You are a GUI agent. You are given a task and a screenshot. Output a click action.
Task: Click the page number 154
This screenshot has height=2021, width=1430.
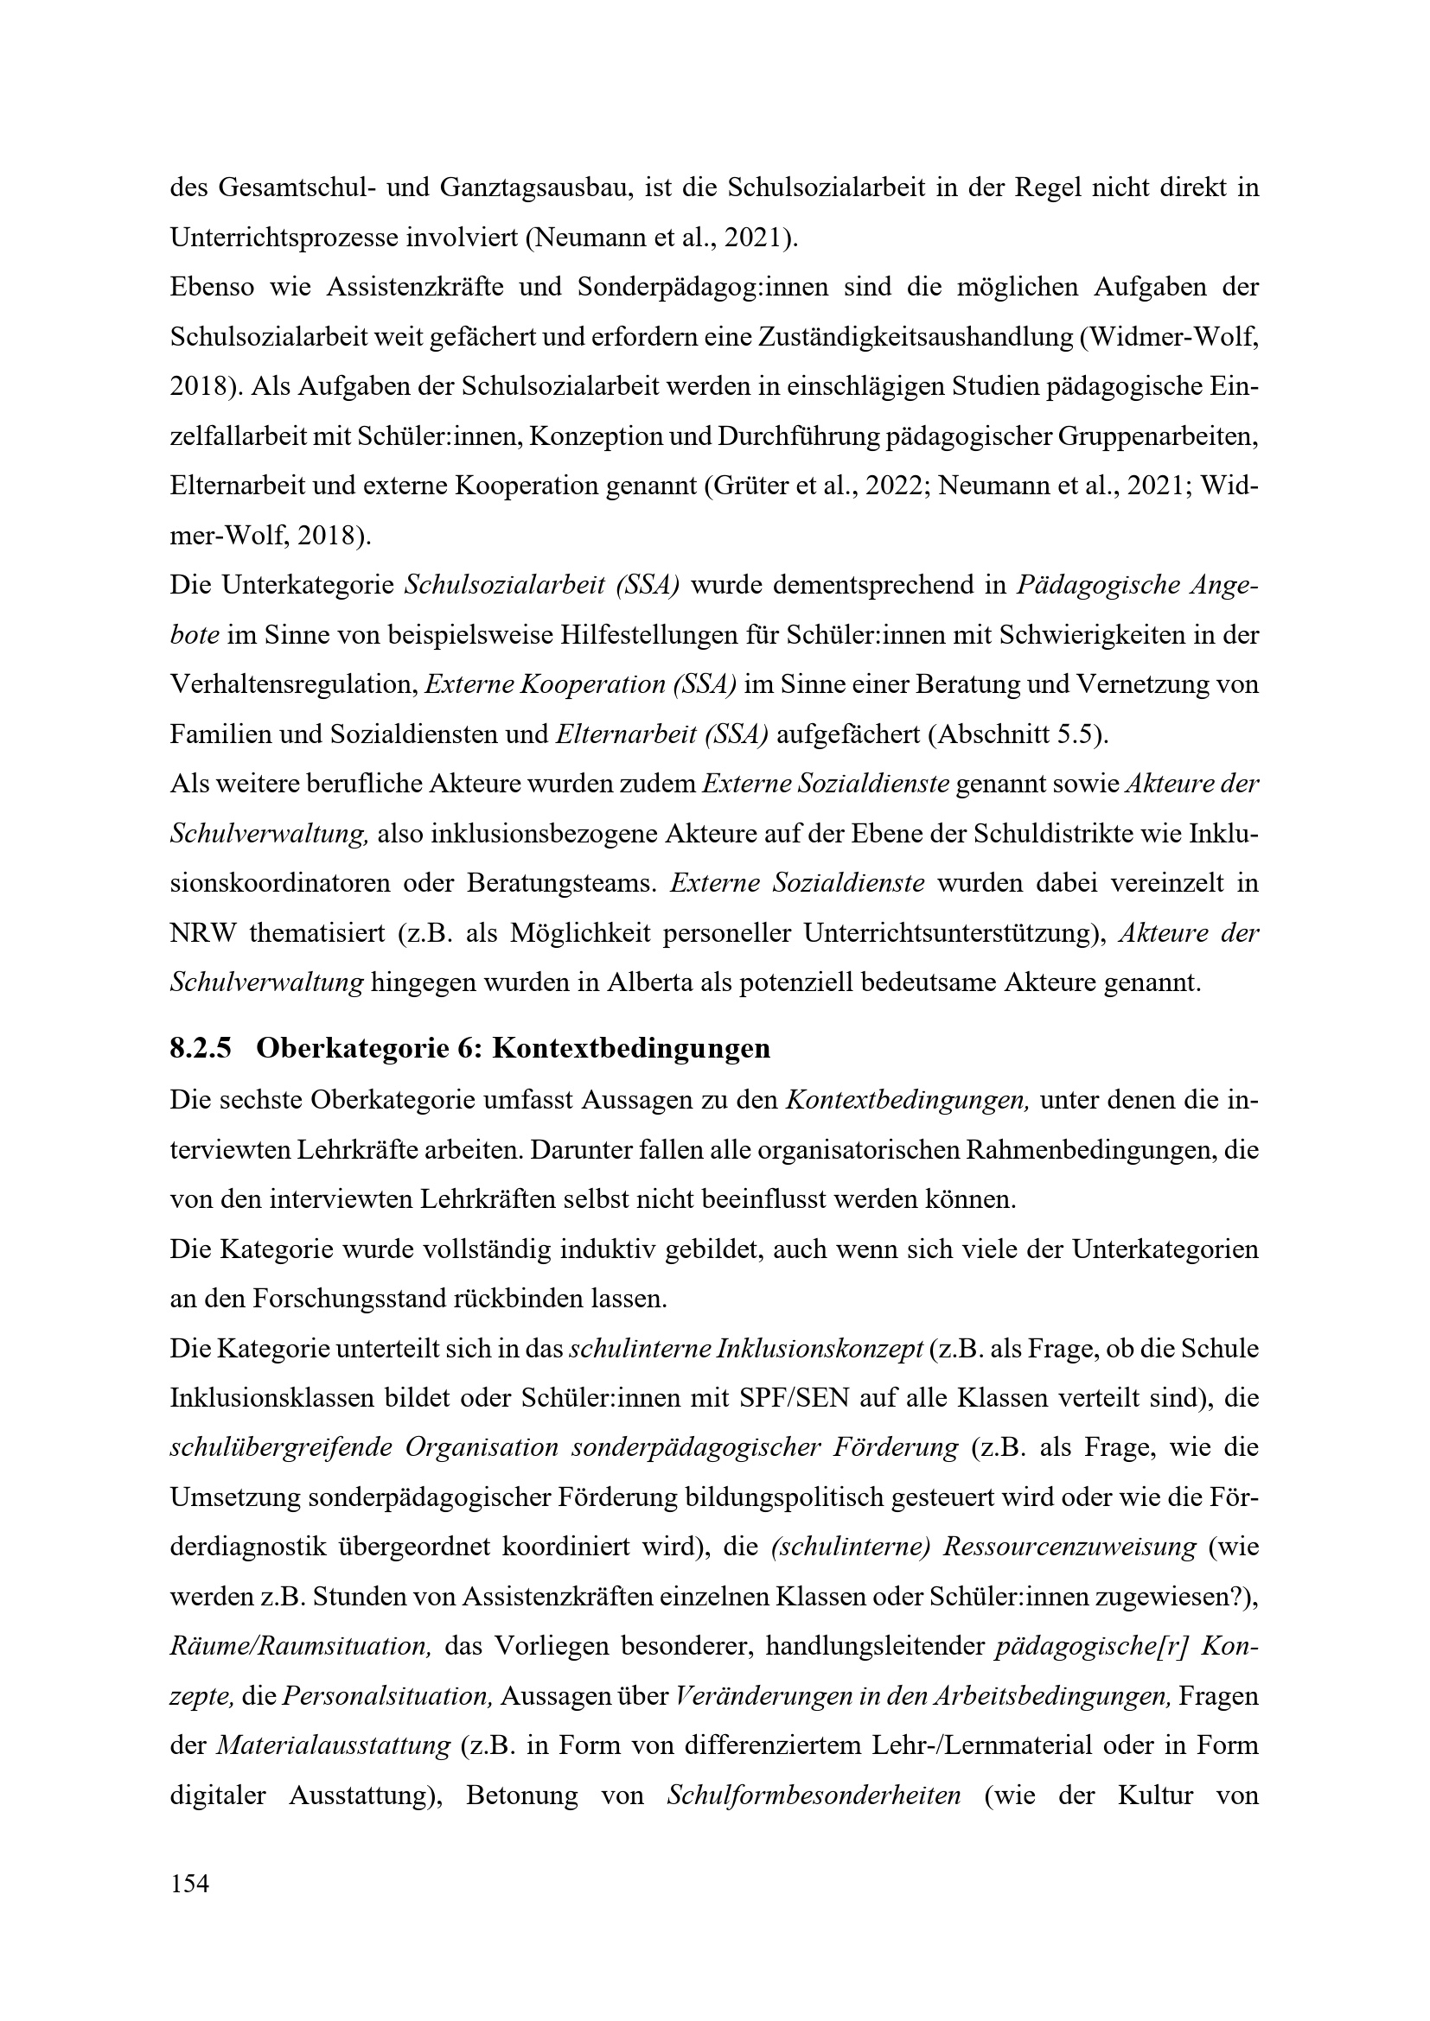(189, 1884)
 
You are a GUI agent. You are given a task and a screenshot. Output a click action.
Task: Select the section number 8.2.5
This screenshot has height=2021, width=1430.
(200, 1048)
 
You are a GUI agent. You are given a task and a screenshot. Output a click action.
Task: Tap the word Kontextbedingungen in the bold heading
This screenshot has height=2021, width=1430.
(630, 1048)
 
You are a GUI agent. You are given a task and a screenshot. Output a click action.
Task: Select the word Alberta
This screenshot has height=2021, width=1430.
(648, 982)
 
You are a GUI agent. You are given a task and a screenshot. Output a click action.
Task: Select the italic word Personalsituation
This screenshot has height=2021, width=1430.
(386, 1696)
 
